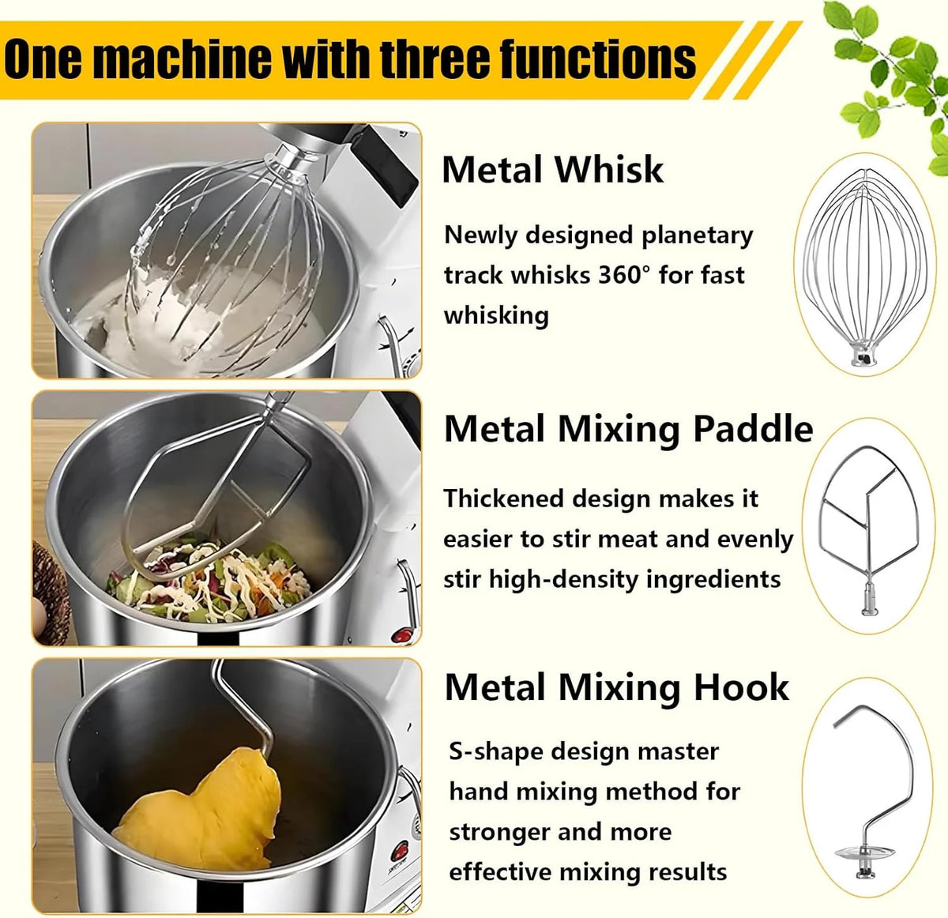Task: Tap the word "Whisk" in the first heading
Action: click(609, 170)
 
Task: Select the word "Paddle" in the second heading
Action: click(753, 429)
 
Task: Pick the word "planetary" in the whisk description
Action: click(697, 236)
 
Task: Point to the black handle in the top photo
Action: click(385, 164)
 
